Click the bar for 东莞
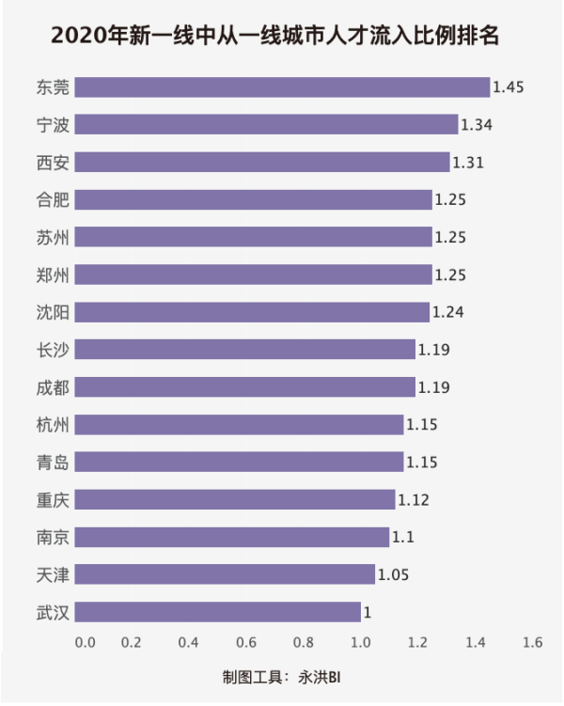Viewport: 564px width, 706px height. tap(282, 87)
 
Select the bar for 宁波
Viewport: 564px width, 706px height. tap(266, 125)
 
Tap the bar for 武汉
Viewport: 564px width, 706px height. tap(217, 612)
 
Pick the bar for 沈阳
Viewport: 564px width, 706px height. tap(252, 312)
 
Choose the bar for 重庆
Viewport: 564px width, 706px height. tap(235, 499)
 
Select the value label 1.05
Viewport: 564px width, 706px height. tap(393, 574)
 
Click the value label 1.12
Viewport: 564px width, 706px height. tap(414, 499)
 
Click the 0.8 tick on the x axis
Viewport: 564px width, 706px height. tap(303, 643)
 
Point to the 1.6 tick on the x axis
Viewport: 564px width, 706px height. tap(533, 643)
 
